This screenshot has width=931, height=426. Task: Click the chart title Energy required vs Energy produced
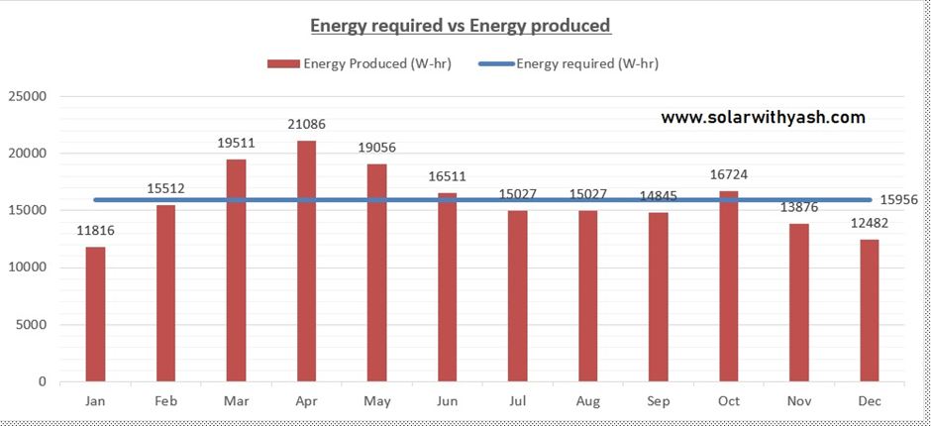461,25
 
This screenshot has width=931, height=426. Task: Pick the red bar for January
95,314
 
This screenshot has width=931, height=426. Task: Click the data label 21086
307,125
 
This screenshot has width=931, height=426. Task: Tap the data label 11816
95,231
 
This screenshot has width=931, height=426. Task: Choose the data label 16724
728,175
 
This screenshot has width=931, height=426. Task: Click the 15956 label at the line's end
898,200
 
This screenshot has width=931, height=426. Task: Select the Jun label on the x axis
447,402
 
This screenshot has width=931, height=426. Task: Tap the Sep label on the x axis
658,402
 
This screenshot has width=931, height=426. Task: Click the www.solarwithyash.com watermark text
763,118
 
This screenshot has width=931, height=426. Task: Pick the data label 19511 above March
237,143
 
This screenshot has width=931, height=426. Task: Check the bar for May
376,272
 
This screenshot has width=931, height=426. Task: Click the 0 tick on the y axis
43,381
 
